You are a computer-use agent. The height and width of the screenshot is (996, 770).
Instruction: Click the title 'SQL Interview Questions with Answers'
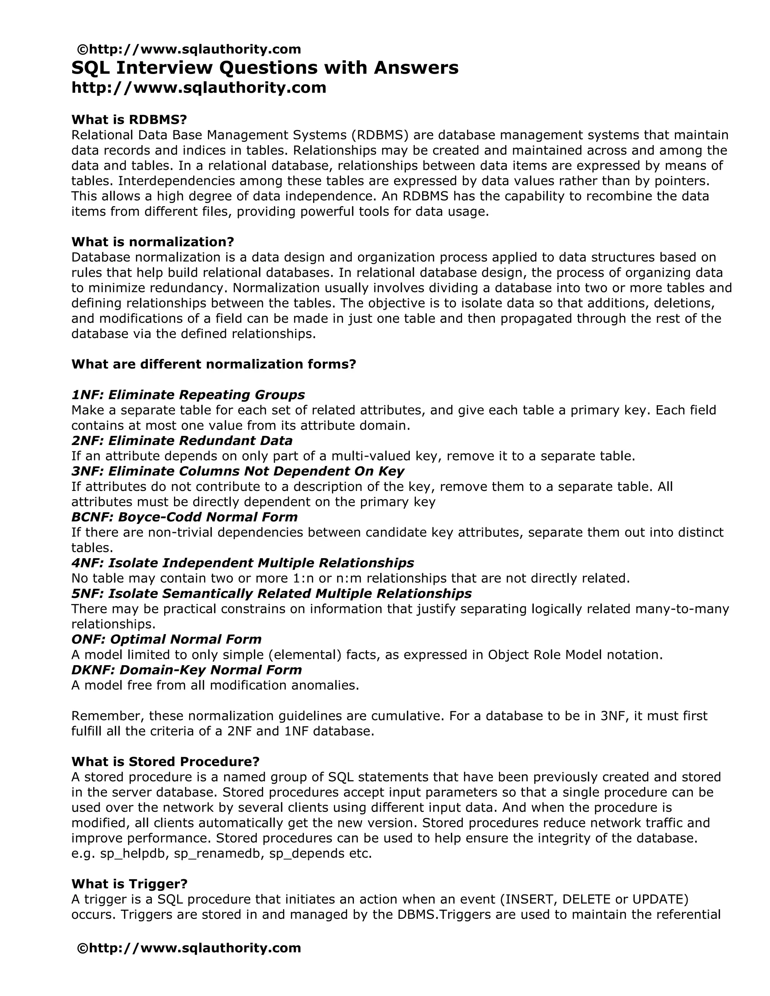[x=265, y=68]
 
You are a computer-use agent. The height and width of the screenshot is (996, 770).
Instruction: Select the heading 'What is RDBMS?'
[x=129, y=120]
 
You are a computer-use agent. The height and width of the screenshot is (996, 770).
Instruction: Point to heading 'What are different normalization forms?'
[x=213, y=364]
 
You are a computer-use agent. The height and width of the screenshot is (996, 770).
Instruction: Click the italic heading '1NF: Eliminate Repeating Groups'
[x=188, y=395]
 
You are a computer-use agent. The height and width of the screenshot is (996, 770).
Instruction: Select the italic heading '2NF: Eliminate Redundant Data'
[x=182, y=441]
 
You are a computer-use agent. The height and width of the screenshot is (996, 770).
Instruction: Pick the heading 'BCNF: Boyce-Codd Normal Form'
[x=184, y=517]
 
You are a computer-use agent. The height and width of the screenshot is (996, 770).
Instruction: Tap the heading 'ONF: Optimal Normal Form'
[x=166, y=639]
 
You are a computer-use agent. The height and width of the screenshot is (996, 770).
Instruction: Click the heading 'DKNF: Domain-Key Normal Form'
[x=186, y=670]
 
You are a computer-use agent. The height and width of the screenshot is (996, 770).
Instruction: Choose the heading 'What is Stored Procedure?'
[x=165, y=761]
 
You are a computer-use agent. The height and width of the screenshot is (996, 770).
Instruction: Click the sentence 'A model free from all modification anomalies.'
[x=215, y=686]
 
